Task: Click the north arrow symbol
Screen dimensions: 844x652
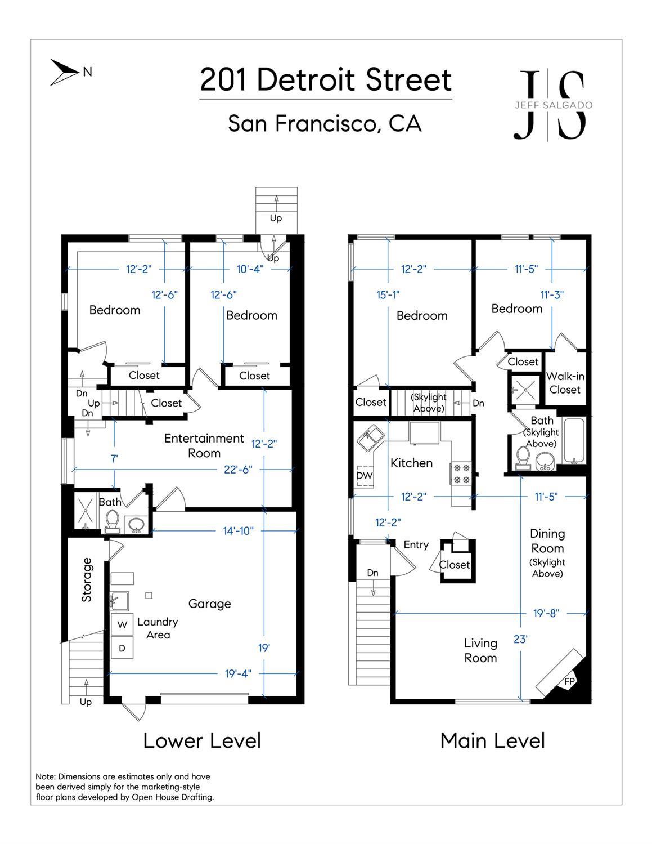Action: click(x=64, y=72)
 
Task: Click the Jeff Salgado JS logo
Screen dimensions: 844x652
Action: click(x=552, y=105)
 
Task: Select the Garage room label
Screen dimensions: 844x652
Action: click(x=209, y=604)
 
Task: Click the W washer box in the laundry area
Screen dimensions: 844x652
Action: click(x=122, y=624)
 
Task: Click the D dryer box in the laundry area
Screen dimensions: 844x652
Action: click(x=122, y=648)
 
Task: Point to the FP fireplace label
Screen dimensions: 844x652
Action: click(x=570, y=682)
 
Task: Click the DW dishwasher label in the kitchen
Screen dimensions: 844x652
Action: click(x=365, y=475)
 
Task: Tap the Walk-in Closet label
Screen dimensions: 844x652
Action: click(x=565, y=383)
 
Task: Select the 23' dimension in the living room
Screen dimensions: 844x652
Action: click(x=520, y=639)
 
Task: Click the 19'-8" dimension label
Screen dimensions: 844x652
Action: click(x=546, y=613)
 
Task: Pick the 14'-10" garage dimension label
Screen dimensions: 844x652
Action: click(x=239, y=530)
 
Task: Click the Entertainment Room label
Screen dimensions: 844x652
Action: click(x=204, y=445)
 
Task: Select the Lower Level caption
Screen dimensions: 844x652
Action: click(x=202, y=740)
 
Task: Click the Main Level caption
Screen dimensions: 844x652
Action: click(x=492, y=740)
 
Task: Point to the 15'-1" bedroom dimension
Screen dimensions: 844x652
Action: click(x=388, y=294)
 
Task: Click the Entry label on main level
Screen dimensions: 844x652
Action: click(x=416, y=544)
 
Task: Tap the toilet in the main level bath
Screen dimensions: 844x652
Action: click(x=523, y=457)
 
